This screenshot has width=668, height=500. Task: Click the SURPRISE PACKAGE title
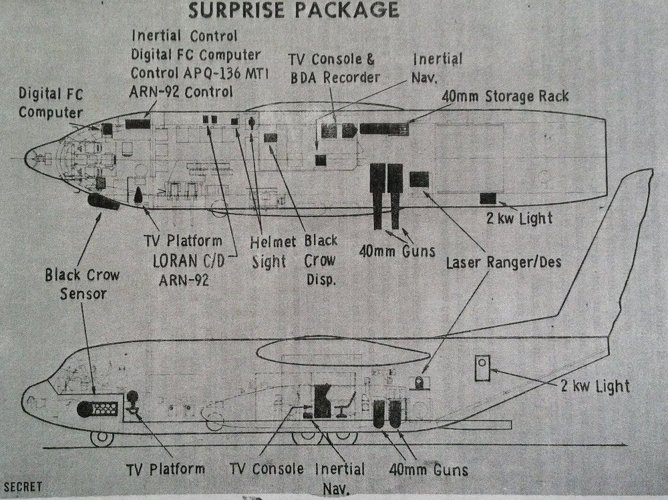[x=294, y=10]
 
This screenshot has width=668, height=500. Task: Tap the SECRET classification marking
[x=23, y=487]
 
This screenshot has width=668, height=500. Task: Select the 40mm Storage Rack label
[x=505, y=96]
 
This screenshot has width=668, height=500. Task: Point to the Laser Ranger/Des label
[x=503, y=263]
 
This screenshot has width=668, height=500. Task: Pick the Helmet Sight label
[x=269, y=250]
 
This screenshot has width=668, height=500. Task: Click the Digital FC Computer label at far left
[x=51, y=103]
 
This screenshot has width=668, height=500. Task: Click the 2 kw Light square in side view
[x=482, y=368]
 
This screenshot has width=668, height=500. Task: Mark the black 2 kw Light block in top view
[x=488, y=198]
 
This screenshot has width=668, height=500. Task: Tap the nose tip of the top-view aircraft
[x=27, y=158]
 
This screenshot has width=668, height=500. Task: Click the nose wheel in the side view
[x=102, y=439]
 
